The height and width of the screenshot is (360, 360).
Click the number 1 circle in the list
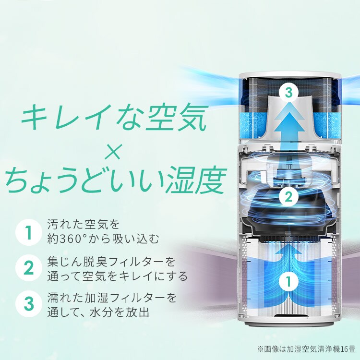coord(28,232)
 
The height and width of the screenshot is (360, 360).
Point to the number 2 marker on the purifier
coord(288,196)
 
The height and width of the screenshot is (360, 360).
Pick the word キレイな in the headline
coord(82,118)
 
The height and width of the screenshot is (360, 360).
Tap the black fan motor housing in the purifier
coord(288,216)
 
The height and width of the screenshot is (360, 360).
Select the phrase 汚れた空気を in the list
coord(82,224)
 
